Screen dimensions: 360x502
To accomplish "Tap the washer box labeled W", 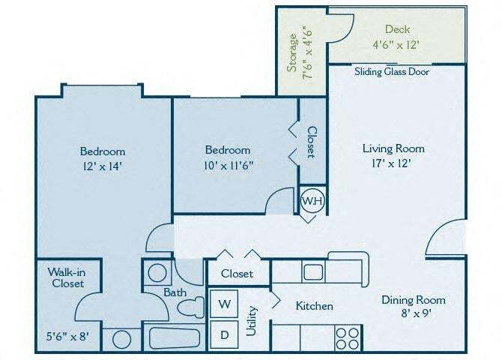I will tap(224, 305).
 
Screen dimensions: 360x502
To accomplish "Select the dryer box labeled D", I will tap(224, 334).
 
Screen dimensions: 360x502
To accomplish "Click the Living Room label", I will tap(389, 148).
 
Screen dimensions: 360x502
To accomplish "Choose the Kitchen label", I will tap(314, 306).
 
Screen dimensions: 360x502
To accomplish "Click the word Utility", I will tap(252, 321).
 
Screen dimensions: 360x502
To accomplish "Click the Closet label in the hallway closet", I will tap(236, 274).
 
